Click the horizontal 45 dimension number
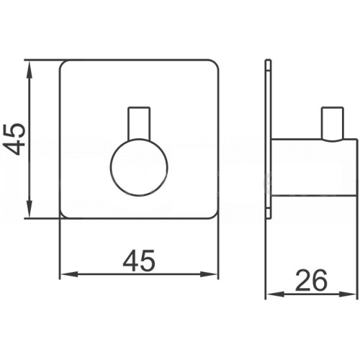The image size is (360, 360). pos(139,261)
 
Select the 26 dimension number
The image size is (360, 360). pos(311,280)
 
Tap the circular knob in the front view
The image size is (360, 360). pos(139,167)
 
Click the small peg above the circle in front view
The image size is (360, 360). pos(139,123)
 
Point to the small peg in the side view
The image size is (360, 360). pos(333,123)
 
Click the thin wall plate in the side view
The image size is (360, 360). pos(268,139)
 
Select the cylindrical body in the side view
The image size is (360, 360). pos(314,167)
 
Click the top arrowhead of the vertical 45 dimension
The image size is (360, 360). pos(29,69)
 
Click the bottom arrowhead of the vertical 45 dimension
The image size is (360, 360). pos(29,209)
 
